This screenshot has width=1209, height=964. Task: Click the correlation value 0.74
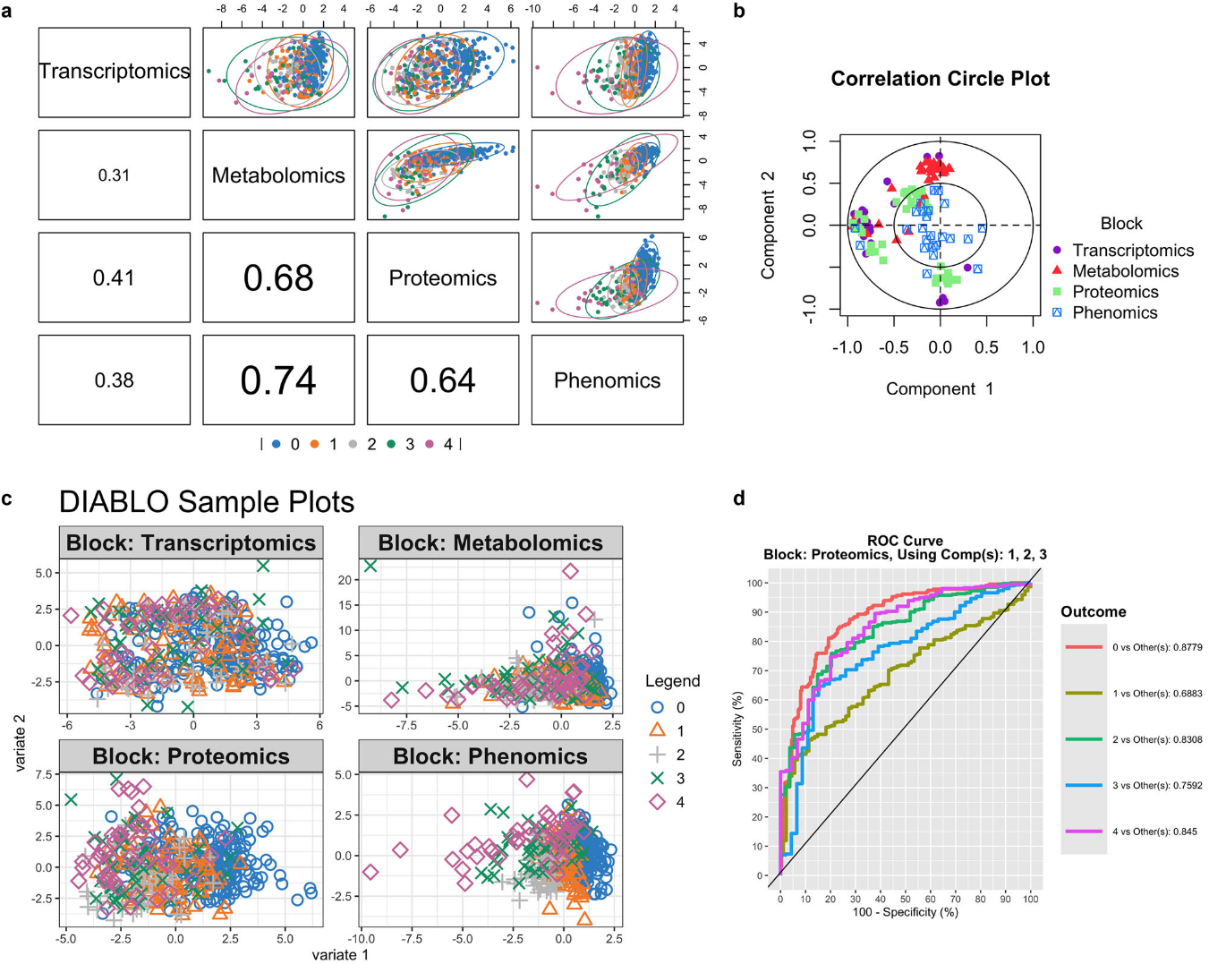(278, 380)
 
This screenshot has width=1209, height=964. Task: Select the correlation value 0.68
(278, 278)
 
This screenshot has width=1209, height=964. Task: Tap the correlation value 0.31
(114, 175)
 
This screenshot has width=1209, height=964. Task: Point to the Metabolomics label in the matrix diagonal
(278, 175)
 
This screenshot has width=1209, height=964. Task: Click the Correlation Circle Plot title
(940, 79)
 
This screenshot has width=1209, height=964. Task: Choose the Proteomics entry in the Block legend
(1115, 292)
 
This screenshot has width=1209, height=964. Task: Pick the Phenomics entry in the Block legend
(1115, 312)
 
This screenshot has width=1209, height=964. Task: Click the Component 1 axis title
(940, 388)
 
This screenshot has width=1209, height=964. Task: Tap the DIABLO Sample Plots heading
(207, 502)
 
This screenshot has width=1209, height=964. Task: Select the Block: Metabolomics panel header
(490, 543)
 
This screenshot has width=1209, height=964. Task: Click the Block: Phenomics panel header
(490, 756)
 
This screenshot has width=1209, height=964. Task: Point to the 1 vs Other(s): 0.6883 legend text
(1157, 694)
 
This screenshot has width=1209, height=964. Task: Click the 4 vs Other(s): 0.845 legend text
(1154, 832)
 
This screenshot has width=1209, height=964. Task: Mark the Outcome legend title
(1093, 612)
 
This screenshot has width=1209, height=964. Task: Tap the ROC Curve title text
(905, 541)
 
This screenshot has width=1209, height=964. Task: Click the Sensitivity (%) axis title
(737, 728)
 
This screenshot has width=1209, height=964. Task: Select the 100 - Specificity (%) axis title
(905, 912)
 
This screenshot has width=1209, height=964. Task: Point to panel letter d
(739, 499)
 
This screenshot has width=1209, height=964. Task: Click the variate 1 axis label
(340, 955)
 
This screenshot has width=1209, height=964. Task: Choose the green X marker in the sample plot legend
(658, 778)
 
